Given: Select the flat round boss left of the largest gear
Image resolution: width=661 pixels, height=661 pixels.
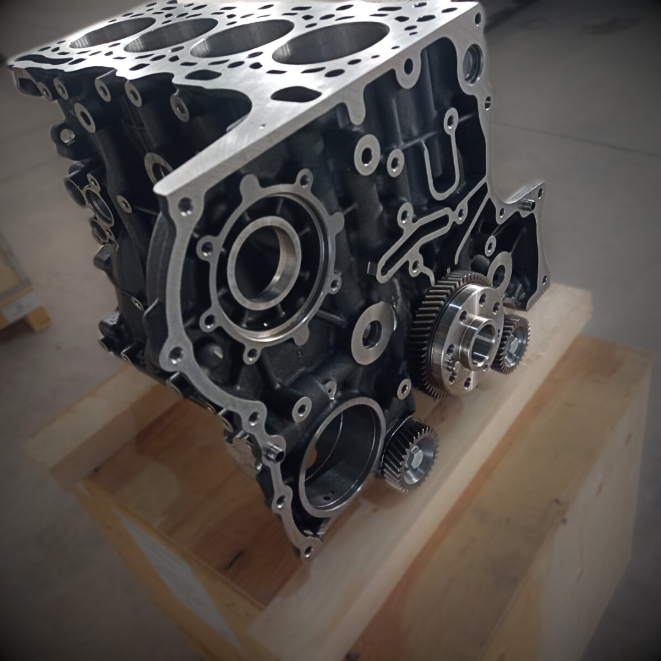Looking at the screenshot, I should pos(373,333).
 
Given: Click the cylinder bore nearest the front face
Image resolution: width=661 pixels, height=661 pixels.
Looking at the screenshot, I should pos(330,43).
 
